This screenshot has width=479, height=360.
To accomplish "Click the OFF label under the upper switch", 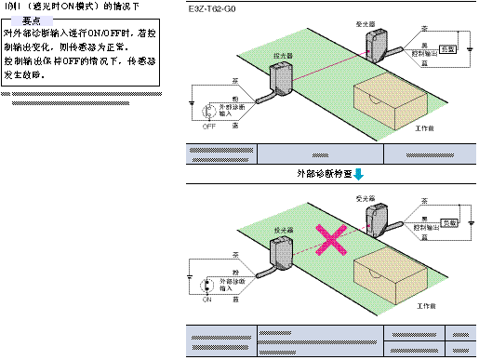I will [x=208, y=127].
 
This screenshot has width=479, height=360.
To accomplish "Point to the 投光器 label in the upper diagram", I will [x=282, y=55].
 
